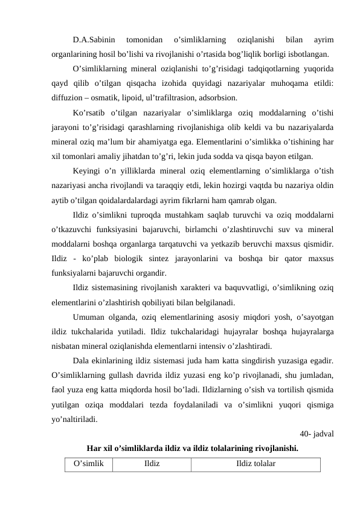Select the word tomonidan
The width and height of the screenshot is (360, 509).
143,40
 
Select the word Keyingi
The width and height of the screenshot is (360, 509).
86,172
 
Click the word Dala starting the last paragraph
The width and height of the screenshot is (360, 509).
80,361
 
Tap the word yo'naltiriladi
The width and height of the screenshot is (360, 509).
74,419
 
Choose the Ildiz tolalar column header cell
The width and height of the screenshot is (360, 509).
256,464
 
